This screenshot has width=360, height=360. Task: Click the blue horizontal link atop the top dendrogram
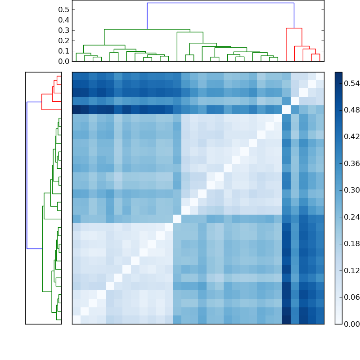[x=220, y=3]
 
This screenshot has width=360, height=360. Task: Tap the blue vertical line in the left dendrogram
[x=27, y=175]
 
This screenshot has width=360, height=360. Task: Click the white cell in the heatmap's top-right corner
[x=319, y=76]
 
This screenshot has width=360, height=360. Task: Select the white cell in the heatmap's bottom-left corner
[x=76, y=319]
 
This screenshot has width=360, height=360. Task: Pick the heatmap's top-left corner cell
[x=76, y=76]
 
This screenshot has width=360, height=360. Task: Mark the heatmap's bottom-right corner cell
[x=319, y=319]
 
